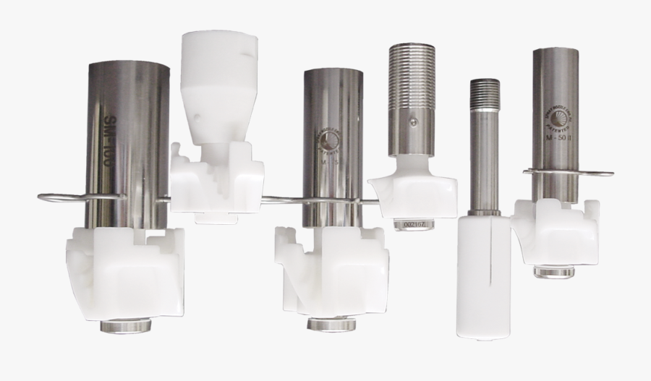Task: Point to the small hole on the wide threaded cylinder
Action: [413, 123]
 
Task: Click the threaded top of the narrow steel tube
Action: [485, 94]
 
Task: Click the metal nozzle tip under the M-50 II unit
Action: [554, 271]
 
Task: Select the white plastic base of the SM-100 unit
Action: [127, 271]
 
